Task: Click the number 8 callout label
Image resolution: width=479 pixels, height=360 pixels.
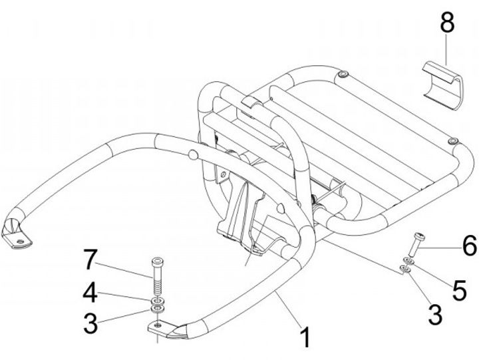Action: click(x=447, y=23)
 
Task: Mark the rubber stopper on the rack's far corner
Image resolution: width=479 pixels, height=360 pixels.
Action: click(x=343, y=73)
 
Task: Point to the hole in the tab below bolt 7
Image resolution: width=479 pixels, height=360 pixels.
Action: click(x=157, y=325)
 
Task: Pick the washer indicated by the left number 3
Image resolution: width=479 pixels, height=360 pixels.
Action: click(x=158, y=309)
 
